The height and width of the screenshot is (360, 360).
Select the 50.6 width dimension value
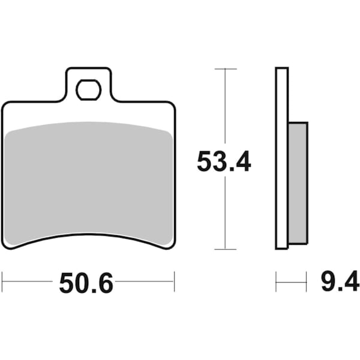(86, 283)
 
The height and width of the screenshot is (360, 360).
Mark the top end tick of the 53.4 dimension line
(224, 70)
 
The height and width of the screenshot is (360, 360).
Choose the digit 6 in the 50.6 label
(104, 283)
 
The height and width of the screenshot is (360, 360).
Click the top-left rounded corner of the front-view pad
(5, 105)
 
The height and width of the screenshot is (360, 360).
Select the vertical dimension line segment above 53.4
(224, 108)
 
